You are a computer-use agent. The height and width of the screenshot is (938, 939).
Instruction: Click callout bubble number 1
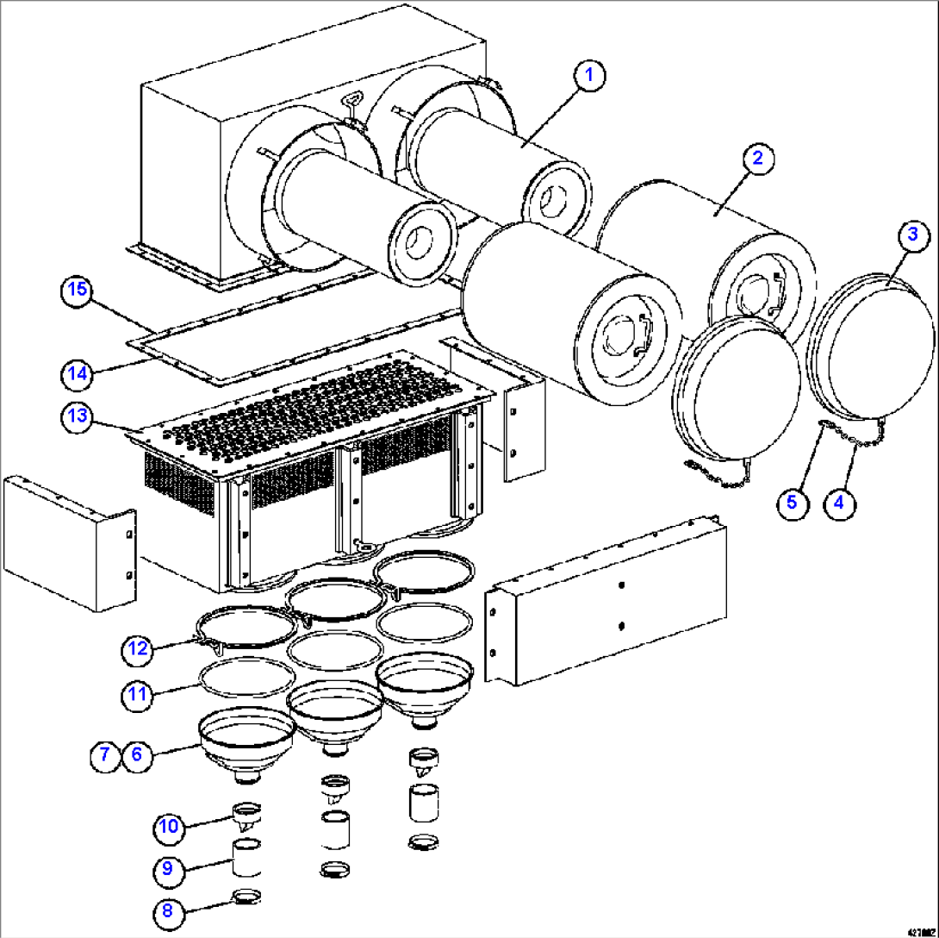pos(589,76)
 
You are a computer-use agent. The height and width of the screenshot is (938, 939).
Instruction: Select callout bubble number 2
pos(756,158)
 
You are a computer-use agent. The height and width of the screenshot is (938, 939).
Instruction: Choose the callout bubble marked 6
pos(137,755)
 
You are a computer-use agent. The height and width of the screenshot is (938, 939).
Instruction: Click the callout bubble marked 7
pos(104,755)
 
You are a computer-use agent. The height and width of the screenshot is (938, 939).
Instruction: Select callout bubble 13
pos(77,416)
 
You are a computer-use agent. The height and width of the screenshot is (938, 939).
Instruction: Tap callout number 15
pos(77,291)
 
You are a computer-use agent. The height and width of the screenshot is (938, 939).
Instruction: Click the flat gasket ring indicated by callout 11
pos(243,678)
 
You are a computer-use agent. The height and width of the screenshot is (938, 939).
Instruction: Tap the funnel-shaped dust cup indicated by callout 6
pos(247,739)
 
